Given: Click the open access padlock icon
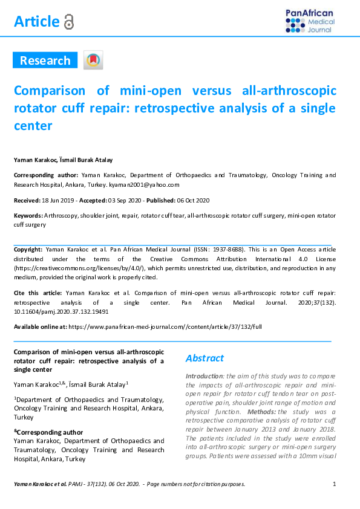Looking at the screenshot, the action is [x=69, y=22].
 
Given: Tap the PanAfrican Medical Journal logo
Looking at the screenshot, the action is [x=310, y=20].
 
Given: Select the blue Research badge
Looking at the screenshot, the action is [x=45, y=60].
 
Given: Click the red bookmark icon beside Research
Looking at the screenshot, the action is [x=93, y=60].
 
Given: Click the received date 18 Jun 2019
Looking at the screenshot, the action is [x=58, y=200].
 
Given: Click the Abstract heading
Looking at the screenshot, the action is [x=205, y=358].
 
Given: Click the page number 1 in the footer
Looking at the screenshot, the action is [x=335, y=484].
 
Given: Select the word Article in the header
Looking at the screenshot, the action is [x=36, y=22].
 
